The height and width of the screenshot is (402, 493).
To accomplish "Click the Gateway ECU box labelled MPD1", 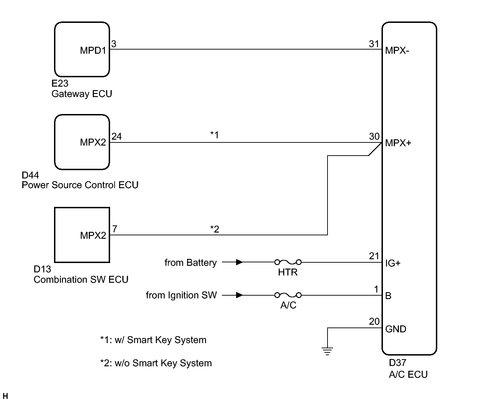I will point(82,50).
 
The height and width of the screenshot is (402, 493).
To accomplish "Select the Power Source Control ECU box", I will point(82,142).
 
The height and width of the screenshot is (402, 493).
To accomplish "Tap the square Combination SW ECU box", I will point(82,235).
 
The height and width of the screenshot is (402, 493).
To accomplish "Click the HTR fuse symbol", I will point(288,262).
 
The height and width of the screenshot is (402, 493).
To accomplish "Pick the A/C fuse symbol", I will point(288,295).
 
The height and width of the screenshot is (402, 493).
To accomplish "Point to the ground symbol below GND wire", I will point(327,351).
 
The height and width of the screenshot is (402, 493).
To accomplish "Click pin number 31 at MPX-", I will point(374,44).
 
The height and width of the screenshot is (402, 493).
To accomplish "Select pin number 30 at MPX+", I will point(374,137).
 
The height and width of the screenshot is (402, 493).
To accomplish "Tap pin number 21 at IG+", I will point(374,256).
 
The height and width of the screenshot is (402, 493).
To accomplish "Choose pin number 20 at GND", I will point(374,322).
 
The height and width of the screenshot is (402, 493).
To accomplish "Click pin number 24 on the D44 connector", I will point(117,137).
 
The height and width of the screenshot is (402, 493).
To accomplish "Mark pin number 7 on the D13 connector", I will point(115,229).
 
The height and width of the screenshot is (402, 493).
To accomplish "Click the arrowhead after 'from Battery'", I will point(239,262).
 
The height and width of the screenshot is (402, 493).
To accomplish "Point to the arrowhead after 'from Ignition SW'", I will point(239,295).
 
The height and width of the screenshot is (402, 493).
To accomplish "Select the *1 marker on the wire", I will point(215,135).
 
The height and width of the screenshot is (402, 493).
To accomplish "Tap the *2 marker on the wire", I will point(215,229).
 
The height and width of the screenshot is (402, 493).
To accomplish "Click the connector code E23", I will point(60,84).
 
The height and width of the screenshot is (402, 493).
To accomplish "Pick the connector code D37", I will point(397,363).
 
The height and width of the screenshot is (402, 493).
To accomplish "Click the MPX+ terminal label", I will point(398,143).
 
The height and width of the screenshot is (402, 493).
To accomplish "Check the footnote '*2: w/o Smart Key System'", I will point(156,363).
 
